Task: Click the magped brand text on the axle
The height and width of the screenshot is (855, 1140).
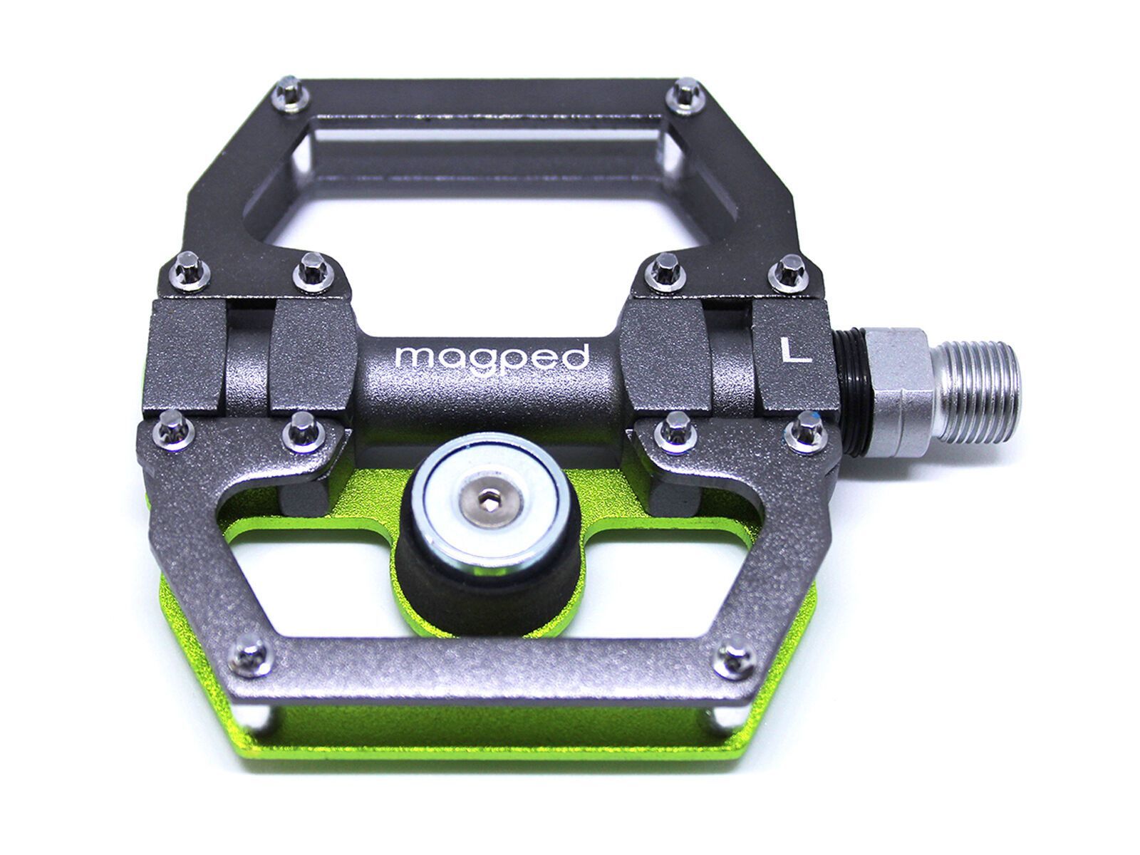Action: click(492, 356)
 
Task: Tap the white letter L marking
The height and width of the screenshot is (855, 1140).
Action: click(795, 351)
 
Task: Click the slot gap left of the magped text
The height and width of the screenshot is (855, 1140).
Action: click(249, 356)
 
